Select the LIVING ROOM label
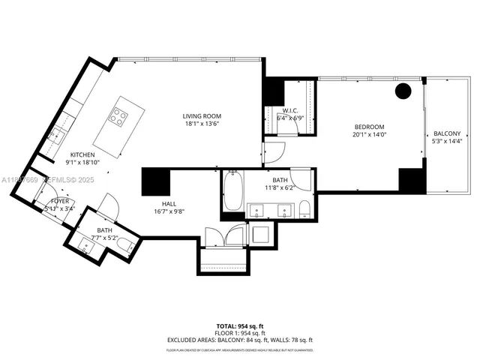click(x=202, y=116)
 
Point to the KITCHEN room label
click(x=82, y=154)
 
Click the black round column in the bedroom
click(x=403, y=91)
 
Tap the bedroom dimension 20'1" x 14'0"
click(x=369, y=135)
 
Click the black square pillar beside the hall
click(x=156, y=181)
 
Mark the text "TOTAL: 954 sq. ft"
click(x=239, y=326)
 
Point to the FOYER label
click(x=61, y=202)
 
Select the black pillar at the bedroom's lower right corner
click(x=412, y=180)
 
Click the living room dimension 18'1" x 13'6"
click(x=202, y=124)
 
